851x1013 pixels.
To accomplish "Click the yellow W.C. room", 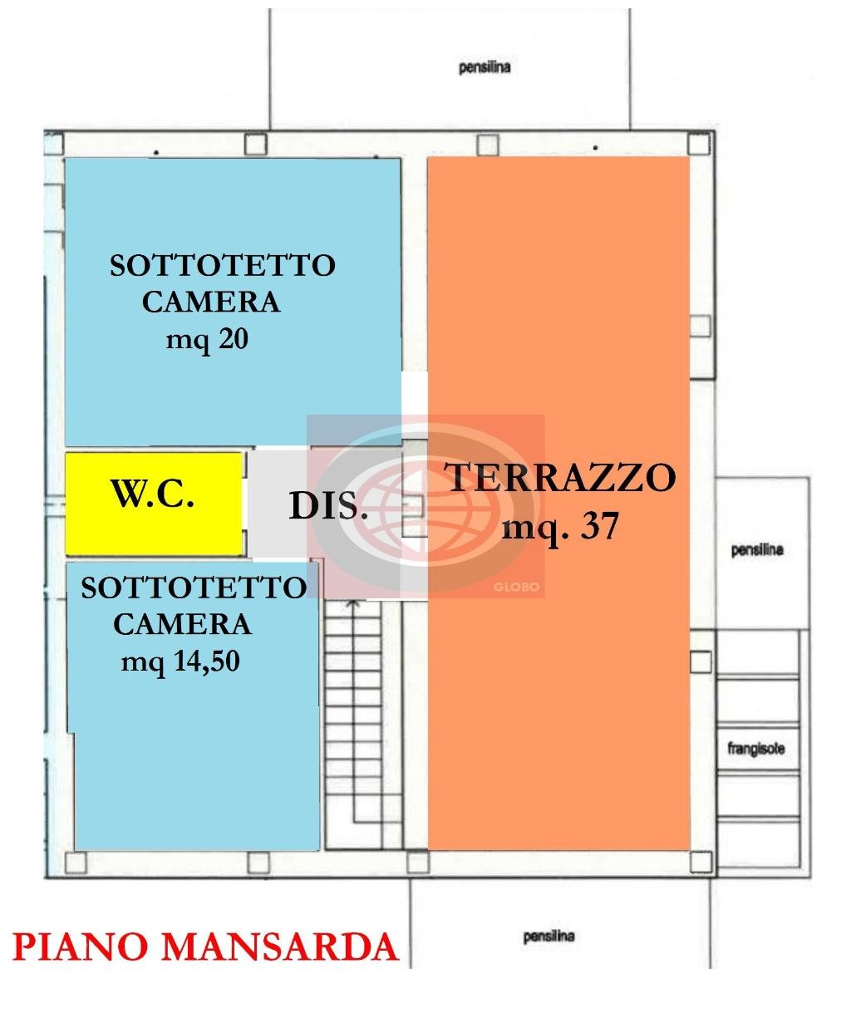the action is pyautogui.click(x=154, y=504).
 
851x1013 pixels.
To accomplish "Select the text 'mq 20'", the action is pyautogui.click(x=207, y=339).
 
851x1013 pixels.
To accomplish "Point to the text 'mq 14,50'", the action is pyautogui.click(x=180, y=661).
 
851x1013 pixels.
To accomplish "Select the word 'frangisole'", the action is pyautogui.click(x=756, y=749).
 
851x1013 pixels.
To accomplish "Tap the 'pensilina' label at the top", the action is pyautogui.click(x=485, y=67).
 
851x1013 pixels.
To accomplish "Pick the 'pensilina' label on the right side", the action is pyautogui.click(x=757, y=549).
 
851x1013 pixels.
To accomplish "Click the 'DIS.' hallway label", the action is pyautogui.click(x=328, y=506).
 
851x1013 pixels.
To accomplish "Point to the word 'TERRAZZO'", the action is pyautogui.click(x=559, y=477).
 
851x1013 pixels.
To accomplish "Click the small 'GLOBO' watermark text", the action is pyautogui.click(x=516, y=587).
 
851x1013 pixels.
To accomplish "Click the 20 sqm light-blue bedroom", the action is pyautogui.click(x=233, y=302).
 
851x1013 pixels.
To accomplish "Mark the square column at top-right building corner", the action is pyautogui.click(x=699, y=145).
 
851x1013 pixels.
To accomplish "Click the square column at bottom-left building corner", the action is pyautogui.click(x=76, y=862).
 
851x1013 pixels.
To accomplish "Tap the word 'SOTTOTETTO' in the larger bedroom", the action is pyautogui.click(x=223, y=265).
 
